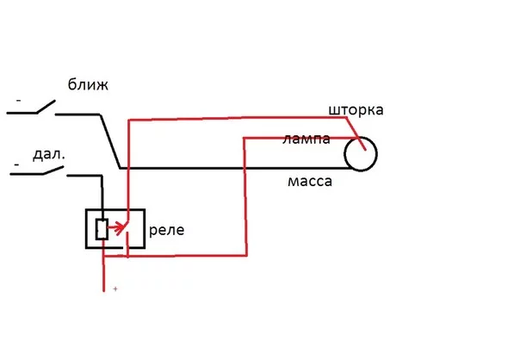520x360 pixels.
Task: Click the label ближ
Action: [x=88, y=84]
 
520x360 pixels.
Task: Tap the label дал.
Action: [x=49, y=155]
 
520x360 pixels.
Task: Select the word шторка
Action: [x=356, y=110]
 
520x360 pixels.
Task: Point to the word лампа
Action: [x=306, y=139]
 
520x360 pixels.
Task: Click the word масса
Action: [x=310, y=182]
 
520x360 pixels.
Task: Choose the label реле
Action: [x=166, y=230]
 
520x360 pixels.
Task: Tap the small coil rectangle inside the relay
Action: [x=102, y=229]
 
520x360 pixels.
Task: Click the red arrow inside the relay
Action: [x=117, y=228]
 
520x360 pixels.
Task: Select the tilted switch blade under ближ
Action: [x=46, y=107]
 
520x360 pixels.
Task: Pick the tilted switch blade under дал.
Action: [x=53, y=171]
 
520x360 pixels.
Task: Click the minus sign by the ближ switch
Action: [x=19, y=100]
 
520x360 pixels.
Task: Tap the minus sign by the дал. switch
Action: [x=16, y=164]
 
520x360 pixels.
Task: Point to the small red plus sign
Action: [x=115, y=289]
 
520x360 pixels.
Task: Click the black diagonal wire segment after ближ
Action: [x=110, y=141]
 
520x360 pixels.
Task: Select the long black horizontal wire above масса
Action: [x=235, y=169]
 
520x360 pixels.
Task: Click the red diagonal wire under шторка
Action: [x=356, y=133]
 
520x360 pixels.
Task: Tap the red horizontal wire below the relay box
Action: [x=175, y=256]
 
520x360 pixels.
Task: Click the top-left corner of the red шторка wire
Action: [x=128, y=120]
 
